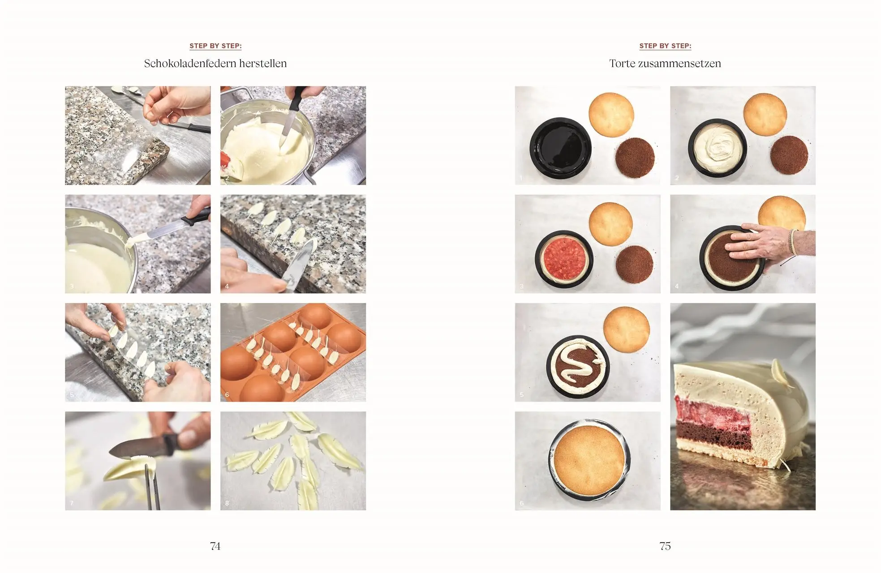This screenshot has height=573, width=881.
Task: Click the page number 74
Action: tap(215, 546)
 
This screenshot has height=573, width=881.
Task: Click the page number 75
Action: tap(665, 546)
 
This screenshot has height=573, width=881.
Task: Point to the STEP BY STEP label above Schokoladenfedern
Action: tap(215, 46)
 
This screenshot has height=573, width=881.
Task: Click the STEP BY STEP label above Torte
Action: tap(665, 46)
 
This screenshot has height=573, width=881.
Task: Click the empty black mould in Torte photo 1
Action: tap(560, 148)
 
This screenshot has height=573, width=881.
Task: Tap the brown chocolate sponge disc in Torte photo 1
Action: tap(635, 158)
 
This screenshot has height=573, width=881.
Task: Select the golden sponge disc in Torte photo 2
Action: tap(765, 114)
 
